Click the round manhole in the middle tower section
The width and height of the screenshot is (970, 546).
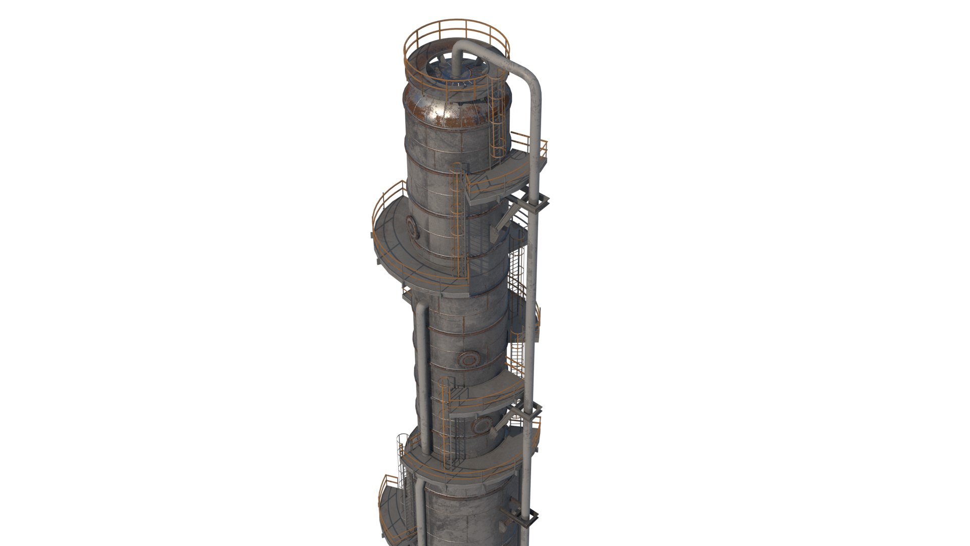[467, 359]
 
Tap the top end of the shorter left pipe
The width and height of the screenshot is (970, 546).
[420, 307]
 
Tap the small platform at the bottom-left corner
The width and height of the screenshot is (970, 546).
[392, 516]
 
